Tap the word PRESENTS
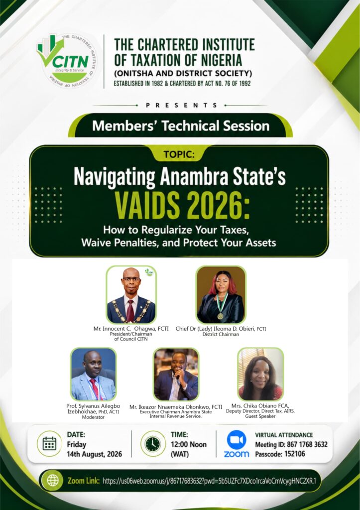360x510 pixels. (181, 105)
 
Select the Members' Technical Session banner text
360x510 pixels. (181, 126)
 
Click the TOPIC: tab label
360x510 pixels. (179, 154)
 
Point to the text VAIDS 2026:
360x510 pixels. (182, 206)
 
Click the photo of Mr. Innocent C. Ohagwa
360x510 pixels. (131, 295)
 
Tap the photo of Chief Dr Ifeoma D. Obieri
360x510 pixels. (221, 295)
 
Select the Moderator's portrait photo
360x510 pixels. (93, 374)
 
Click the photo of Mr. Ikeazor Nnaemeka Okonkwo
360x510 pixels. (176, 374)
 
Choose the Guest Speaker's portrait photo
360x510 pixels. (260, 374)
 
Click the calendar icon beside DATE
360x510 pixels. (49, 444)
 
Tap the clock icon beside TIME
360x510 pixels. (153, 444)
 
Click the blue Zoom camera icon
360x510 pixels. (237, 439)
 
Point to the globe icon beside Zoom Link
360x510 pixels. (53, 480)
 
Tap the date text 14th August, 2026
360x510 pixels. (94, 454)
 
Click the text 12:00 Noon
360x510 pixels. (189, 444)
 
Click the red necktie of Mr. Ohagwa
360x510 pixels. (130, 311)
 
